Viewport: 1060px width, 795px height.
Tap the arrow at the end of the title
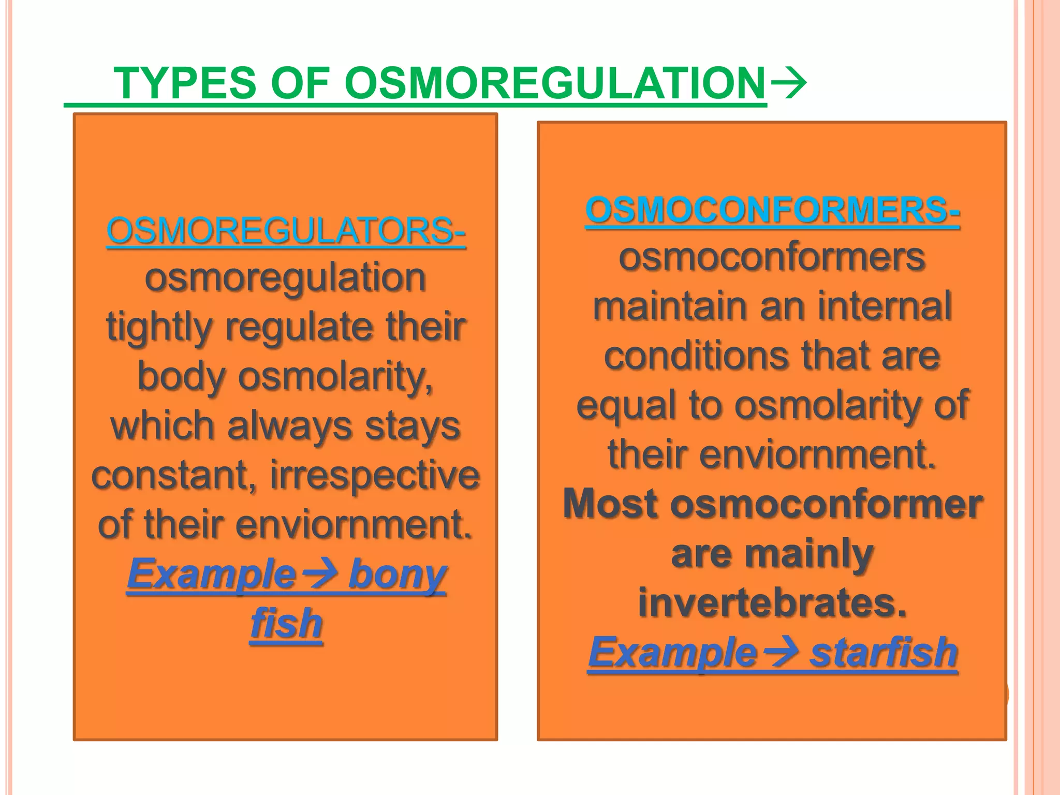[788, 83]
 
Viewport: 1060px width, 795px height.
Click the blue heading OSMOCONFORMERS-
[772, 210]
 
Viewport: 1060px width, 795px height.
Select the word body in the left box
[181, 377]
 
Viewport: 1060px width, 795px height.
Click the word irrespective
[375, 475]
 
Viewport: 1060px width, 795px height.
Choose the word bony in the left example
[397, 575]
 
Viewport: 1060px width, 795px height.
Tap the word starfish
[884, 652]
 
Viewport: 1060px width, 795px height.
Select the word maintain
[670, 306]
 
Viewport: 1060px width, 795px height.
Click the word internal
[885, 306]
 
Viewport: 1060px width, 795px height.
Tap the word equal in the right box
[625, 406]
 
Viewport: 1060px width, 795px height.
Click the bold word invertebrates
[772, 603]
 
